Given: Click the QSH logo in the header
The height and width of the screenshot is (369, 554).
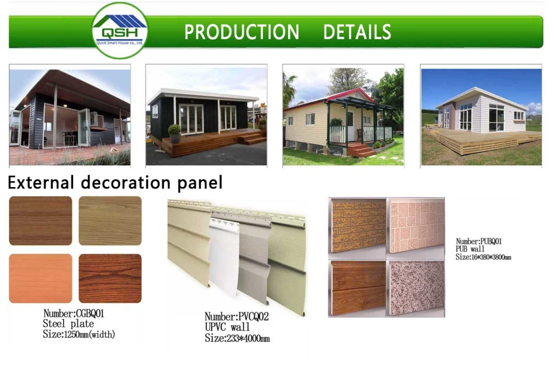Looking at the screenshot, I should click(x=120, y=30).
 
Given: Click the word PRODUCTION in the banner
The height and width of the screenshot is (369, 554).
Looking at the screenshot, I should click(x=241, y=32).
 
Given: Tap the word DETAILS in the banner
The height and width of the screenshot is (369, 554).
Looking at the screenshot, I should click(x=357, y=32).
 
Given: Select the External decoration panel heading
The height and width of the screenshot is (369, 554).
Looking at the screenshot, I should click(x=115, y=183).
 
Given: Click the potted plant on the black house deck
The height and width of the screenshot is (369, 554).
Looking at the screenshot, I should click(x=175, y=133).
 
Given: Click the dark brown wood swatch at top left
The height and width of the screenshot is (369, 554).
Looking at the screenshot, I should click(x=40, y=221).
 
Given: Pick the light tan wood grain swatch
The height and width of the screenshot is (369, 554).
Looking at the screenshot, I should click(x=110, y=221).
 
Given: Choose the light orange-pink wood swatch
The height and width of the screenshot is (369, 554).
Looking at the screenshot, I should click(x=40, y=278).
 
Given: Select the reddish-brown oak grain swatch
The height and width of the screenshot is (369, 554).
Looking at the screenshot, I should click(x=110, y=278).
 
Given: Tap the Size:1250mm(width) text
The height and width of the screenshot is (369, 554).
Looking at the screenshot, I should click(x=79, y=334).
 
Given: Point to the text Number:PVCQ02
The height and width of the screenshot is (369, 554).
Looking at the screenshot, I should click(x=236, y=317).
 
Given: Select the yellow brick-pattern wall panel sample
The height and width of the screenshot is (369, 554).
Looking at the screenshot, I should click(x=357, y=226).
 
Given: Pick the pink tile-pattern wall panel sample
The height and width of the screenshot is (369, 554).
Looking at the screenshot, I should click(x=415, y=226).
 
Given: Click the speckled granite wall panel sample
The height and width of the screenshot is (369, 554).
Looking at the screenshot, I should click(x=415, y=288).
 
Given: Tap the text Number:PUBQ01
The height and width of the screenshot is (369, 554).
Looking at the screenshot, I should click(x=479, y=241).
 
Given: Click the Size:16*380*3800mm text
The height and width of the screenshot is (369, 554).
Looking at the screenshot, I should click(x=483, y=257).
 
